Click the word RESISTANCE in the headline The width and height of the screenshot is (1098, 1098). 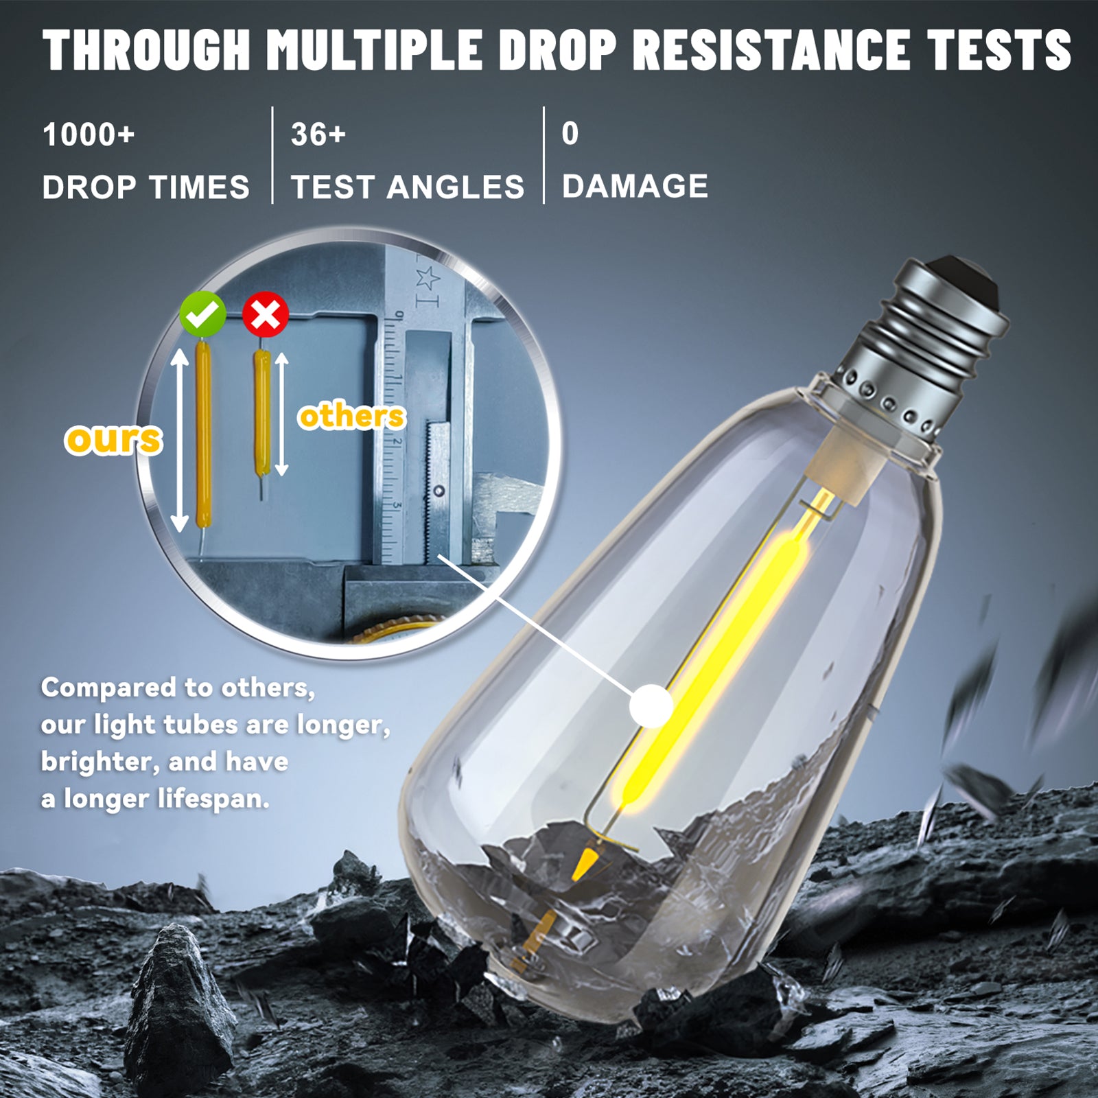(772, 50)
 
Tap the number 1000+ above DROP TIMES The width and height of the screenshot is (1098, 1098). (89, 135)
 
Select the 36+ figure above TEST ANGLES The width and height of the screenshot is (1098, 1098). (318, 134)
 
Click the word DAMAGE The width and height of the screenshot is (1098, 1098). (635, 187)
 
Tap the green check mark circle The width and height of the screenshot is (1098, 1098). (202, 314)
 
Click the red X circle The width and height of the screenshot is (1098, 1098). (266, 314)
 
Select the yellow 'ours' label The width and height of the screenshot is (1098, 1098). (114, 439)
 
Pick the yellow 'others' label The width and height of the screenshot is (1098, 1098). (352, 416)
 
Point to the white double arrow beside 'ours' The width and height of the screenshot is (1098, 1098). (179, 440)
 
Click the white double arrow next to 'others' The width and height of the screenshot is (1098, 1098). (281, 414)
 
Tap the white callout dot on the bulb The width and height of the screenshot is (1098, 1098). (651, 705)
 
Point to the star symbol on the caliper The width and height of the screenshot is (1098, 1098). (427, 278)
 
